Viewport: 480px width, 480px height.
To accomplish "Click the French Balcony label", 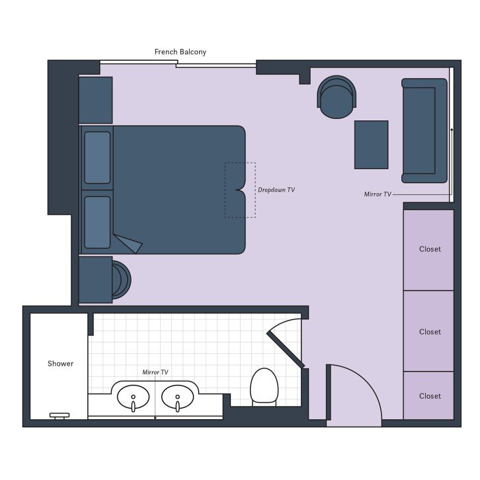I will click(x=180, y=52).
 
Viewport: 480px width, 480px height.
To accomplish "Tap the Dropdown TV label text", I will click(x=276, y=190).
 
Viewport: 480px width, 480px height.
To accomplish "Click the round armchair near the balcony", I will click(x=337, y=97).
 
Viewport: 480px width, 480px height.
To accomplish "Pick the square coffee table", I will click(x=371, y=144).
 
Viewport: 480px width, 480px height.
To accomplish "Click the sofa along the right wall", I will click(x=424, y=130).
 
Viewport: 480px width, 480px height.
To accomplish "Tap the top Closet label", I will click(x=430, y=249).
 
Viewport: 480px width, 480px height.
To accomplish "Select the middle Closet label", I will click(x=430, y=332).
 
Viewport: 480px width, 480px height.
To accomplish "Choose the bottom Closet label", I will click(x=430, y=396).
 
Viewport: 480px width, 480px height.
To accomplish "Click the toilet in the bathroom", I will click(x=263, y=386).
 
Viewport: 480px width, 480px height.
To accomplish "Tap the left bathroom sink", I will click(x=133, y=398).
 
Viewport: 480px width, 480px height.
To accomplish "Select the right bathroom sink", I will click(x=177, y=398).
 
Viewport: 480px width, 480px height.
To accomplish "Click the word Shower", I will click(x=60, y=364).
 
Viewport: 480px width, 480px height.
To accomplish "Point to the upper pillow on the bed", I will click(x=97, y=157).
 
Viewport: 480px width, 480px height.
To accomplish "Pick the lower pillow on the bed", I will click(x=97, y=222).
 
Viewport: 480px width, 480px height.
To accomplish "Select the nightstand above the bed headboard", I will click(x=95, y=100).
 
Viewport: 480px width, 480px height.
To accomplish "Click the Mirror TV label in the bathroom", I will click(x=155, y=372).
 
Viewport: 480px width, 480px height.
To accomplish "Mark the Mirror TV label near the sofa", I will click(x=378, y=194).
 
